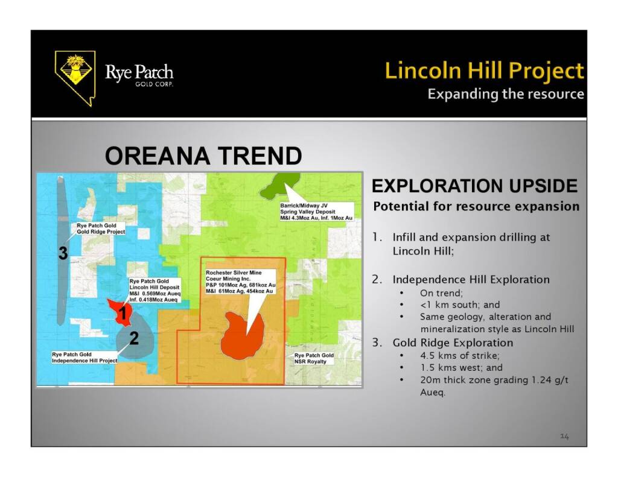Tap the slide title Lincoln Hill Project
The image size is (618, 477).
(485, 71)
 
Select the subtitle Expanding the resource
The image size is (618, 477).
(506, 94)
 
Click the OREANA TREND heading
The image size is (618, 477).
(203, 156)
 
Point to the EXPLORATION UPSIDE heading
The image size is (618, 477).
(474, 186)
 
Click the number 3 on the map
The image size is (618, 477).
(63, 253)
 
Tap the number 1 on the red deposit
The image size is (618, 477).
(123, 313)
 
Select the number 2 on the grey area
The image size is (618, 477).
(134, 338)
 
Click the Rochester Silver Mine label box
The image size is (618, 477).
(240, 282)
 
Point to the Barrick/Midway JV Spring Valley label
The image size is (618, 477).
(316, 212)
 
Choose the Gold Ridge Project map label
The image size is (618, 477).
(101, 229)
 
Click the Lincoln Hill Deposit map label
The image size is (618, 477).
(155, 290)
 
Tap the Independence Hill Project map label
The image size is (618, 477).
(84, 357)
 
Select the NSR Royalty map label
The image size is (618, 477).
(314, 358)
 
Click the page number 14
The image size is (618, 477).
(564, 437)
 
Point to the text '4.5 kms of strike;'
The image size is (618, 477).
(460, 355)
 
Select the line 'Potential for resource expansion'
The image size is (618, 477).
(476, 206)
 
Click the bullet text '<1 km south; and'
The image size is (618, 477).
(460, 305)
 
